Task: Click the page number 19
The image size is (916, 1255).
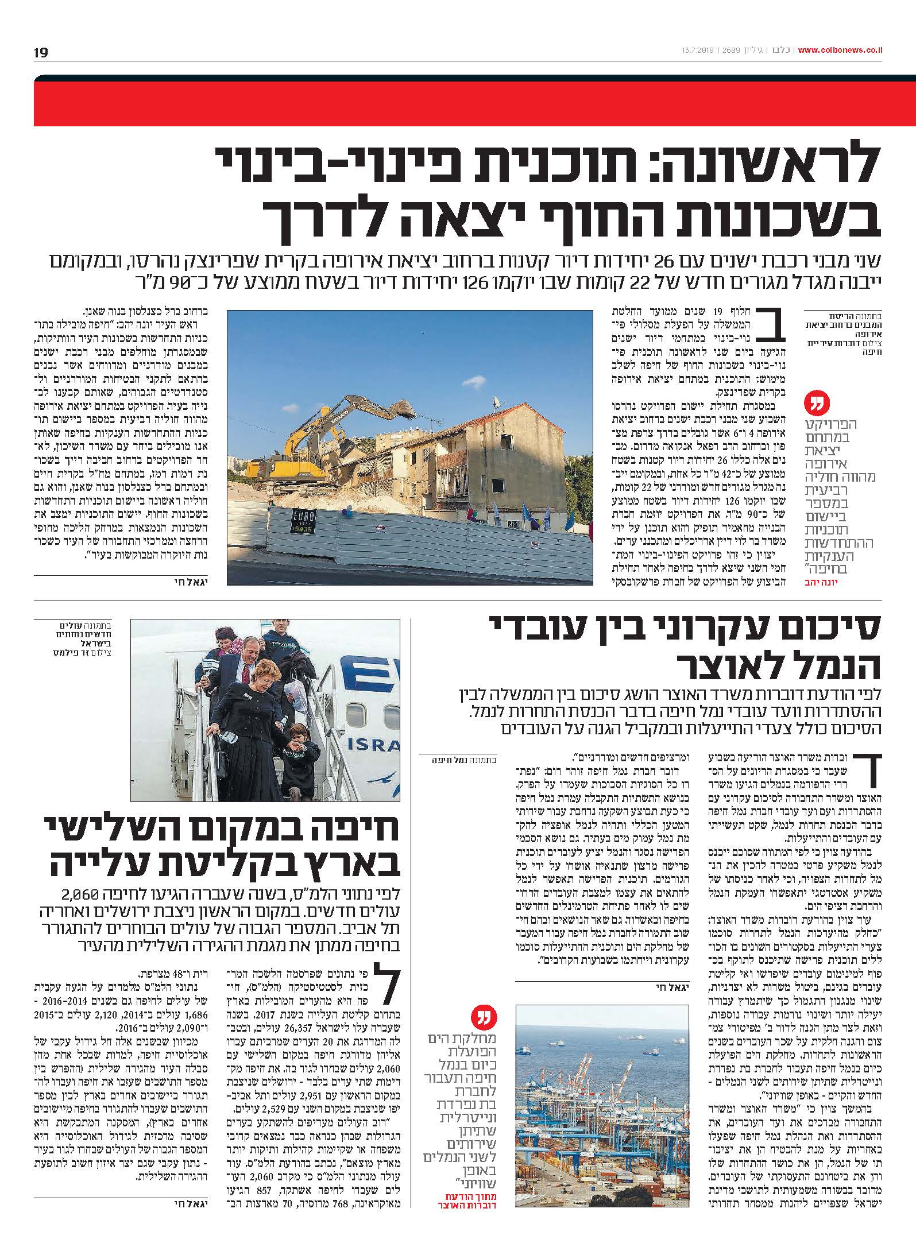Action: [x=41, y=53]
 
